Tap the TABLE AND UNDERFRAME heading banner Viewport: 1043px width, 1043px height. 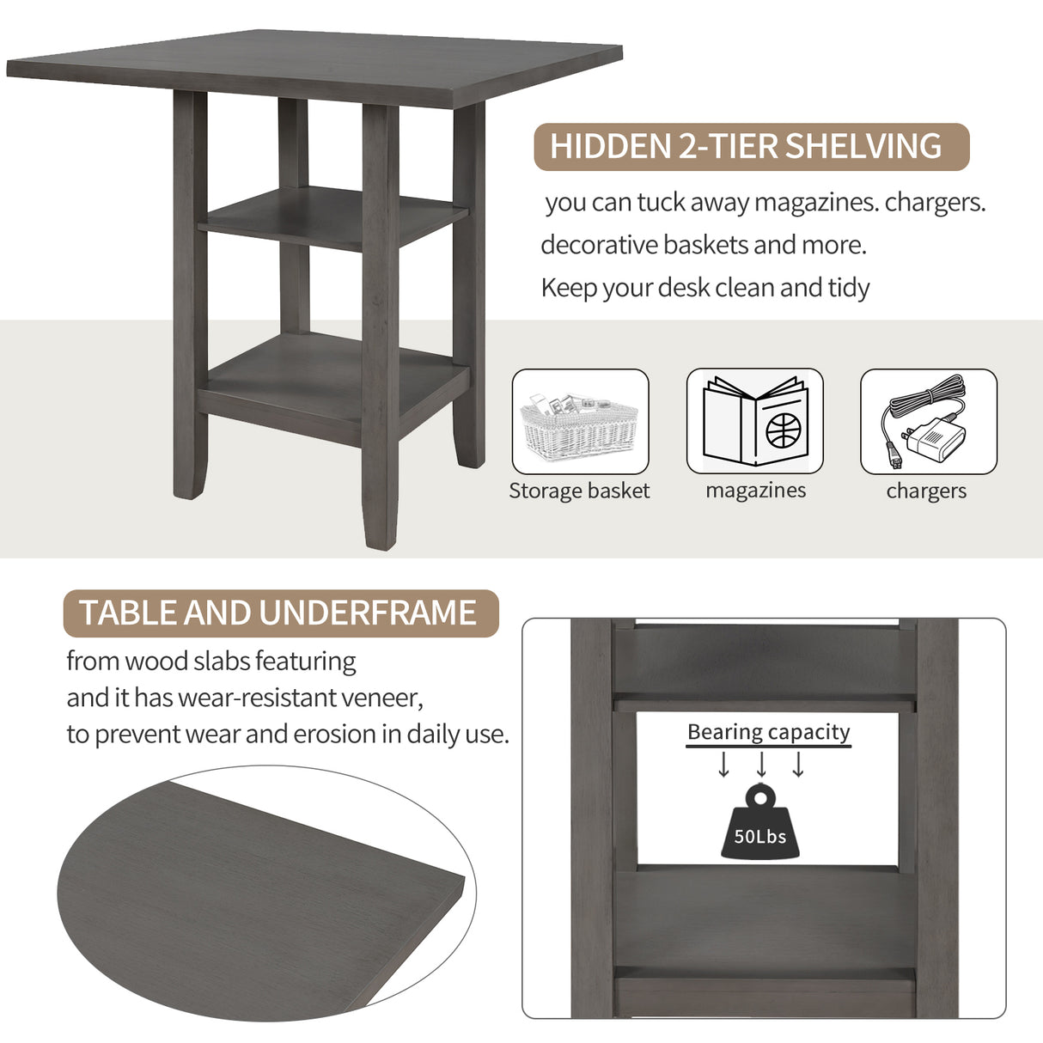(x=281, y=613)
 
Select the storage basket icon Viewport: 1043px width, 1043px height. (x=580, y=421)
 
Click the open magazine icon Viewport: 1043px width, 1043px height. (x=755, y=421)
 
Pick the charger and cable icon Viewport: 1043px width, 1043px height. (x=928, y=421)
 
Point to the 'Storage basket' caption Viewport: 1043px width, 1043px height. (x=579, y=491)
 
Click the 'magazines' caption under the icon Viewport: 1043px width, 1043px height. (x=755, y=491)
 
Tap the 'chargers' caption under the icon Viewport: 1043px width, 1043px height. (x=926, y=491)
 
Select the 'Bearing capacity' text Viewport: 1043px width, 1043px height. (x=768, y=732)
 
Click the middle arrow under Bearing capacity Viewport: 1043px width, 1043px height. (x=761, y=764)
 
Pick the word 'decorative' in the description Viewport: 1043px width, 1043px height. (x=599, y=245)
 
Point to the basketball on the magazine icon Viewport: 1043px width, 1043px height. (x=783, y=429)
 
